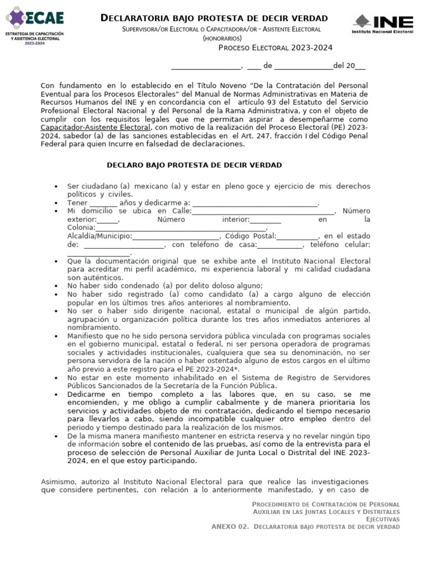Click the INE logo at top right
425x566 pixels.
(383, 24)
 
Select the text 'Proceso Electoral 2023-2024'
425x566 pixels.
(275, 48)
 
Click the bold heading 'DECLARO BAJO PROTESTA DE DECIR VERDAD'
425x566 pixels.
(194, 165)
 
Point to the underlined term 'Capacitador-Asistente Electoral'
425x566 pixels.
(95, 127)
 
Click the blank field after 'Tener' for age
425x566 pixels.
(103, 203)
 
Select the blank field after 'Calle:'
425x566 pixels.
(263, 211)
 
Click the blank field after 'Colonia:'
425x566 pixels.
(181, 228)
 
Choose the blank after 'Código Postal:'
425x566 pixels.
(298, 236)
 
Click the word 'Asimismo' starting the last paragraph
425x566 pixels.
(59, 481)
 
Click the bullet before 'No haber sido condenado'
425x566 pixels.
(56, 286)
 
